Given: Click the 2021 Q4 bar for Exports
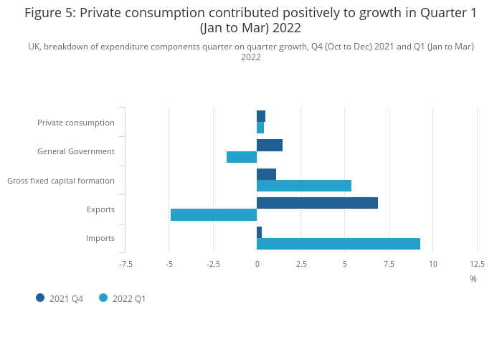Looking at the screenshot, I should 317,203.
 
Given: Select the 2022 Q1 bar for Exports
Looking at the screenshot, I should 214,214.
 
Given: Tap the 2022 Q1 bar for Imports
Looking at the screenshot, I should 338,244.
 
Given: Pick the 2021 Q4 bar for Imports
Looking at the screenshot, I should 260,232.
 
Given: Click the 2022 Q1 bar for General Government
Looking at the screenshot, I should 242,157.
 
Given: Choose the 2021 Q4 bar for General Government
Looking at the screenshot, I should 270,146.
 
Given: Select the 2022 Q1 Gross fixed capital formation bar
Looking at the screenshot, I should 304,186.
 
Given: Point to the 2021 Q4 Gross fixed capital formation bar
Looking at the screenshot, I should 266,174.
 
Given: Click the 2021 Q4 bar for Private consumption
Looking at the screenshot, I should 261,116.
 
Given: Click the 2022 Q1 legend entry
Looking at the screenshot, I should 123,298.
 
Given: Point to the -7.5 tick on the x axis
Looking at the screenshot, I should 126,264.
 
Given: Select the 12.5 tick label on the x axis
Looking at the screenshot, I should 477,264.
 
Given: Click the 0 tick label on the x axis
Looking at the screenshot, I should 257,264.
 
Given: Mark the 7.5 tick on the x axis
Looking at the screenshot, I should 389,264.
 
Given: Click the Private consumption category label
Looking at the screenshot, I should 76,123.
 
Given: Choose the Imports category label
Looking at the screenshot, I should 100,238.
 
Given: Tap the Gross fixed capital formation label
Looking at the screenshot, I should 61,181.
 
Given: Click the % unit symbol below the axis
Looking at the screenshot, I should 473,278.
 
